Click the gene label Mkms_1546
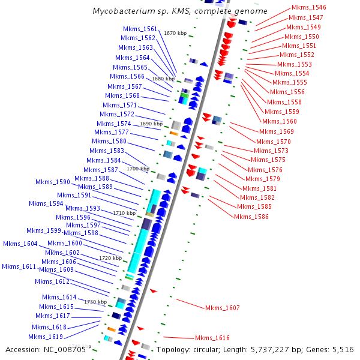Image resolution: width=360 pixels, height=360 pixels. (x=308, y=7)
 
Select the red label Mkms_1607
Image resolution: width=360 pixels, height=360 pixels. (x=222, y=308)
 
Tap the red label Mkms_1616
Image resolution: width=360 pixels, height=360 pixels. (x=212, y=338)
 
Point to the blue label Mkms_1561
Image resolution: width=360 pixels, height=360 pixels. (x=140, y=29)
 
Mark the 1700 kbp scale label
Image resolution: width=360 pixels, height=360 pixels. (x=137, y=169)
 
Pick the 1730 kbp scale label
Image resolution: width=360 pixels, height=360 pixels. (x=95, y=302)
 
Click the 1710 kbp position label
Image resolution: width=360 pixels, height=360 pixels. (x=124, y=213)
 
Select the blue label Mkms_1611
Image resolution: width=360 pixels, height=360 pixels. (x=19, y=266)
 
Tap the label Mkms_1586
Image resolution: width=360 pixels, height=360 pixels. (x=252, y=216)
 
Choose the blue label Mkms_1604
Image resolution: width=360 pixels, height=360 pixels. (x=20, y=244)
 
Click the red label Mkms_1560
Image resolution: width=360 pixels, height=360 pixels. (x=281, y=121)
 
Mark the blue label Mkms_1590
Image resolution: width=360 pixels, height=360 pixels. (x=52, y=182)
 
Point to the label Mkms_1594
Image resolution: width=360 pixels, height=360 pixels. (x=46, y=203)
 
